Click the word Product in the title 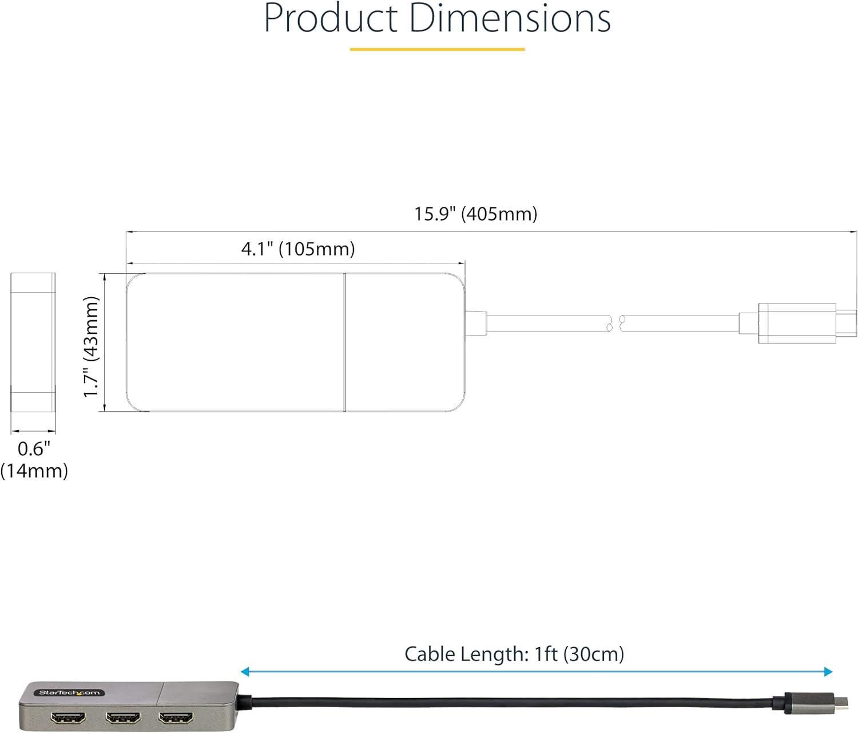point(331,18)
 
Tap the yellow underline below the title point(437,50)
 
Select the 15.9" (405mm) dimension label point(475,214)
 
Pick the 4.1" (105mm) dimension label point(298,249)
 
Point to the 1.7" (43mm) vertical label point(92,346)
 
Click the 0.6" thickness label point(34,448)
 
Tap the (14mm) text point(34,471)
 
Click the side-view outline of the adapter point(33,342)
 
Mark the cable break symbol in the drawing point(616,324)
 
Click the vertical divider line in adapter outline point(344,342)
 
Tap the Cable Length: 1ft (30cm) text point(514,654)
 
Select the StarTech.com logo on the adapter point(69,693)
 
